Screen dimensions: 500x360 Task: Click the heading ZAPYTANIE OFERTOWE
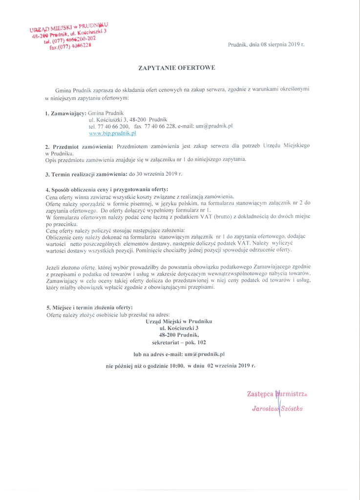180,68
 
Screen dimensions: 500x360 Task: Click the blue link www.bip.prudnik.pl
112,132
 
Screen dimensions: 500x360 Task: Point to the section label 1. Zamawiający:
65,113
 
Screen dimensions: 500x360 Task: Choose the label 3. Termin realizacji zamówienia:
86,174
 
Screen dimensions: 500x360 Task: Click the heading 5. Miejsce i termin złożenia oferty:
89,308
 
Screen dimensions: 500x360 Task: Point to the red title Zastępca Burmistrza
277,393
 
